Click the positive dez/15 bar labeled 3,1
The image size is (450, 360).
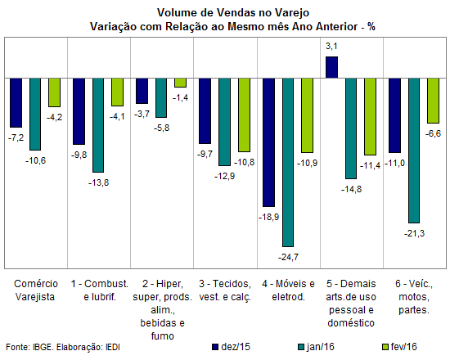[331, 67]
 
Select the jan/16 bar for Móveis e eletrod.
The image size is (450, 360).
[288, 162]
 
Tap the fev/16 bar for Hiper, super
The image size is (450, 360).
[181, 83]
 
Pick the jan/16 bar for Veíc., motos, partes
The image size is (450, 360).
[414, 151]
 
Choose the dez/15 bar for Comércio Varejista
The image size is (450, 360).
[16, 102]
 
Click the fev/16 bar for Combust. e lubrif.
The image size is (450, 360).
[117, 92]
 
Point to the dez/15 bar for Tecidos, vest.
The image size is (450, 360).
[205, 110]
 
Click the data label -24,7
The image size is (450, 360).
[288, 257]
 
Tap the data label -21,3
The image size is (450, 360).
[414, 234]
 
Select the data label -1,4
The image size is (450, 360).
[181, 98]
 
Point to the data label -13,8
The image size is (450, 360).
[99, 182]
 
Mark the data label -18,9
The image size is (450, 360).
[268, 217]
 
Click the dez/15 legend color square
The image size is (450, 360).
[215, 347]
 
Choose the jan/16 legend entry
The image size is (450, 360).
[317, 347]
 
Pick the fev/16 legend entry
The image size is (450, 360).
[399, 347]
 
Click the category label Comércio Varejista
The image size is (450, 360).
[35, 290]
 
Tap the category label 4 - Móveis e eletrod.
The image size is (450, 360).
[288, 290]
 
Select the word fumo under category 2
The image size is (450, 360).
[163, 336]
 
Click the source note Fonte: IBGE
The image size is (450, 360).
[29, 347]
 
